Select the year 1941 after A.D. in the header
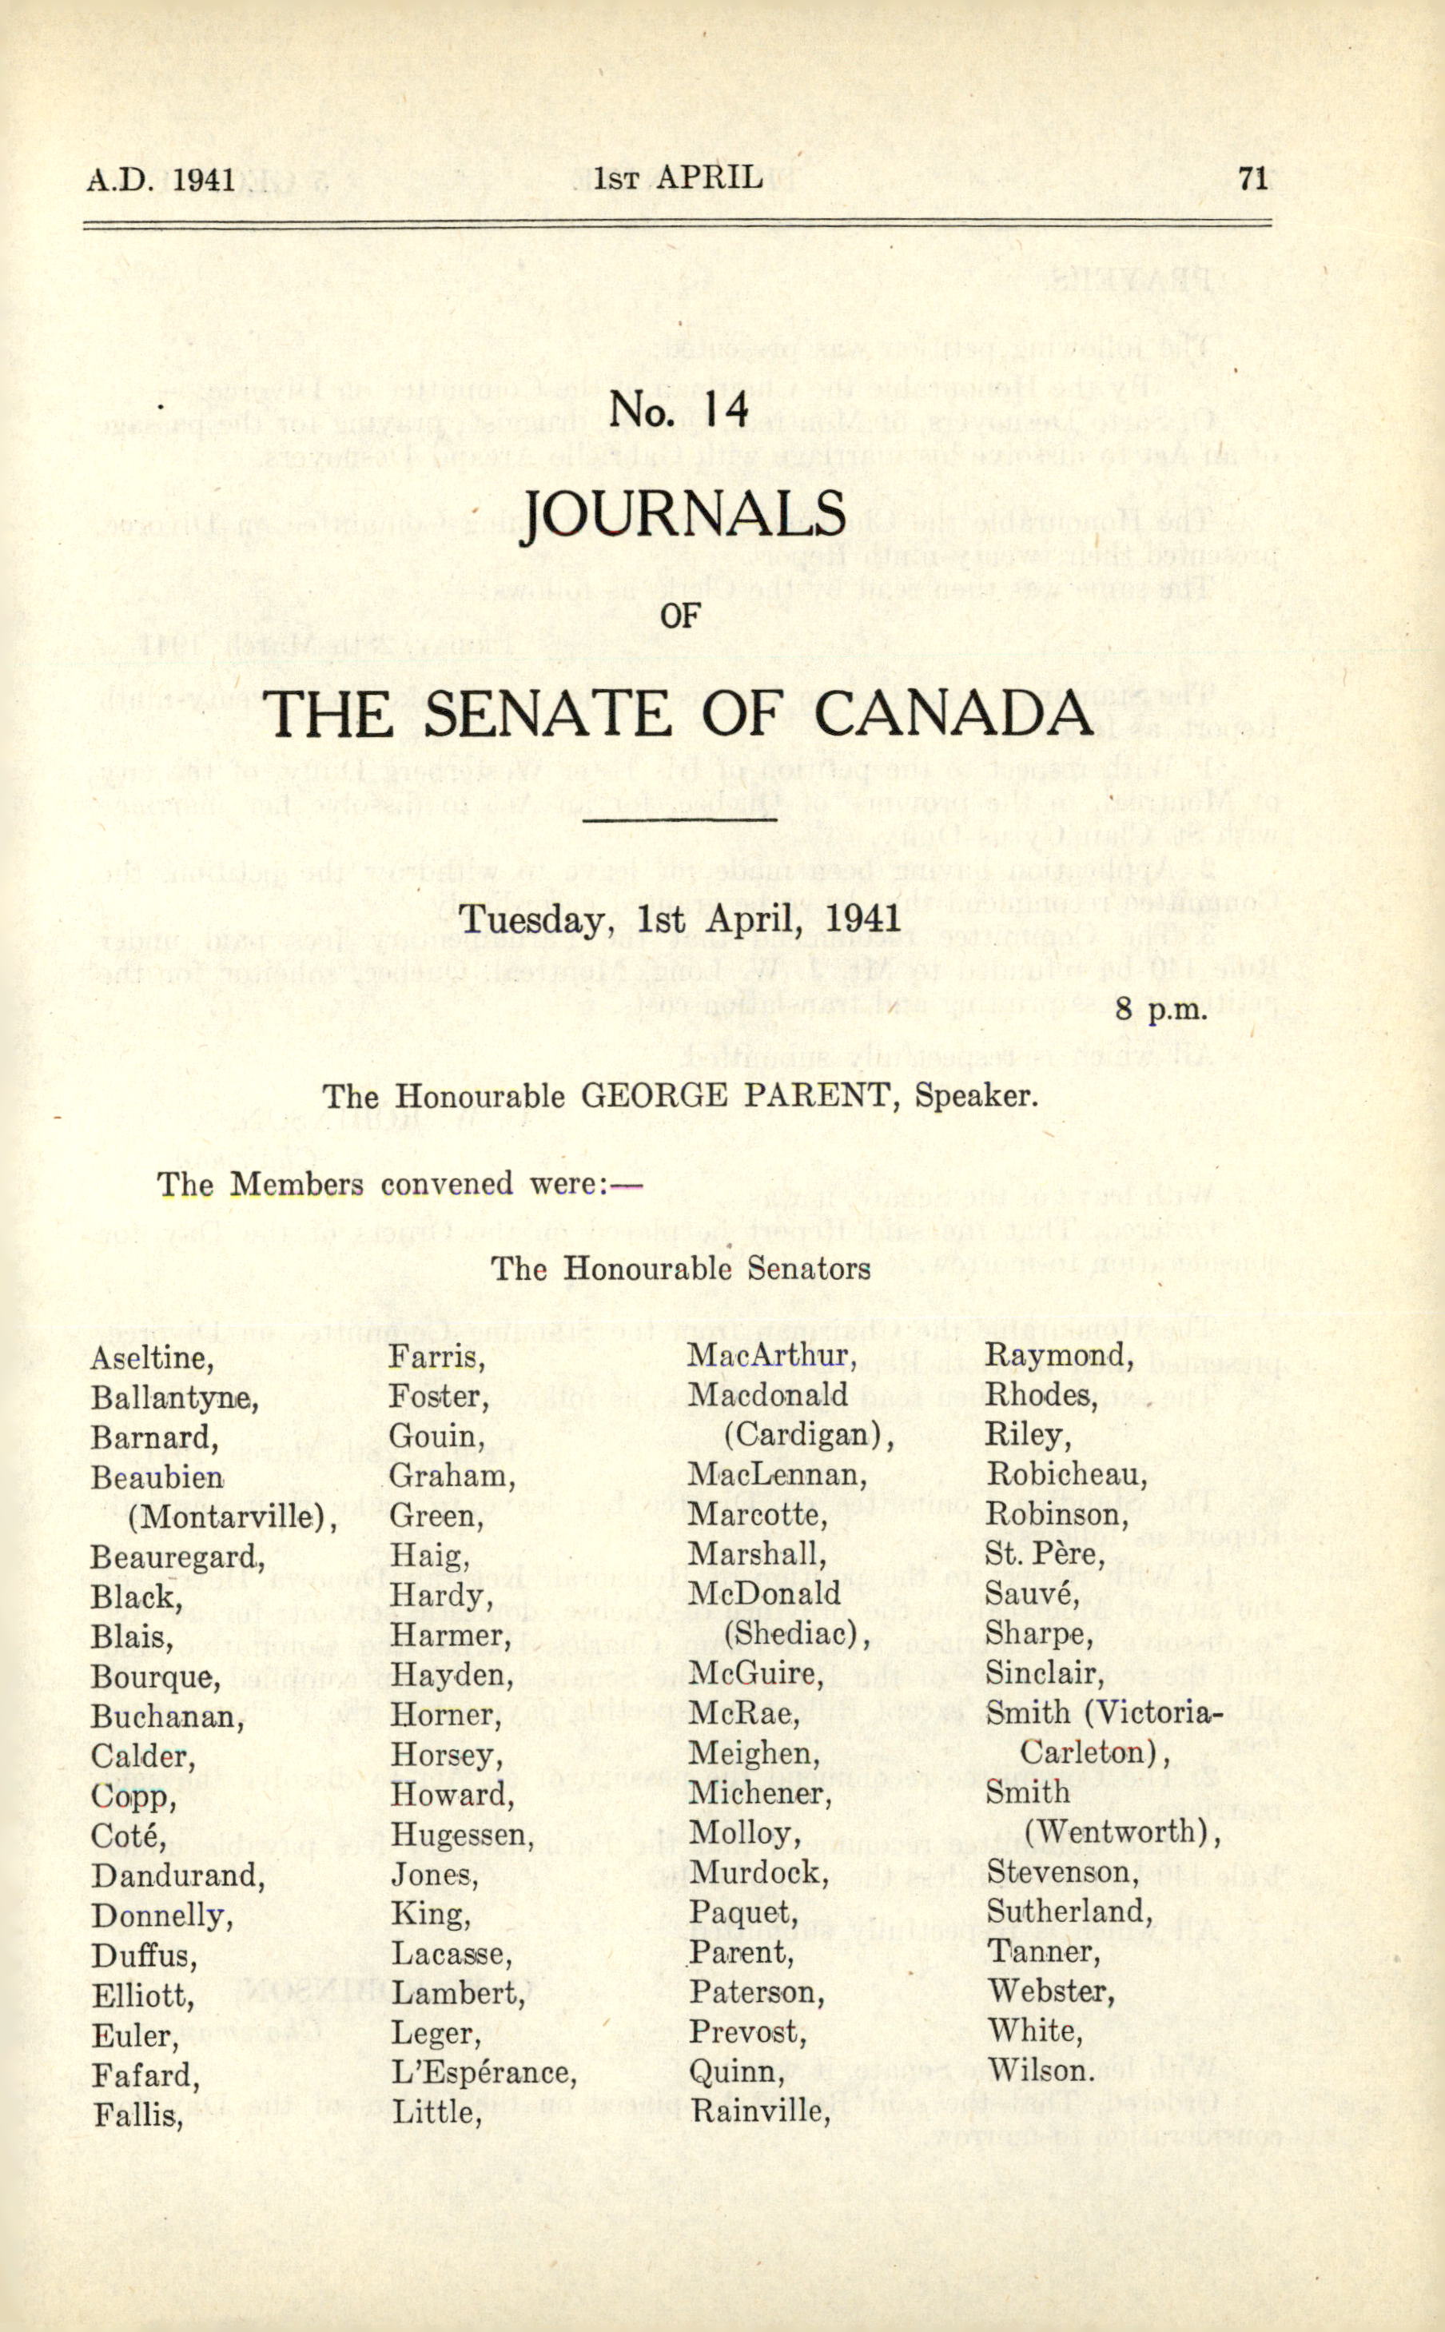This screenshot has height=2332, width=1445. (x=205, y=180)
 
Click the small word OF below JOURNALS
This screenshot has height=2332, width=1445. (x=679, y=616)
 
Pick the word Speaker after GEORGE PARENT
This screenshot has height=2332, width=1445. (x=976, y=1095)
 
